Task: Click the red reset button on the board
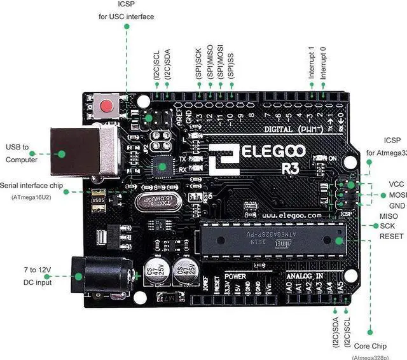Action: point(109,104)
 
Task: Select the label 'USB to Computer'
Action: point(22,153)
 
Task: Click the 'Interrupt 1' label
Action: point(312,62)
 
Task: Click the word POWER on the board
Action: point(235,277)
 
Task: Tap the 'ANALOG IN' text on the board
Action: point(305,277)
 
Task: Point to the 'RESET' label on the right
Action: point(392,236)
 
